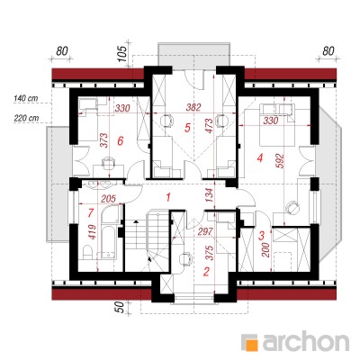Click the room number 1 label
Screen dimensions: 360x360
168,197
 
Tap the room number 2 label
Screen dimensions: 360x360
206,272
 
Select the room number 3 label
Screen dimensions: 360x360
261,235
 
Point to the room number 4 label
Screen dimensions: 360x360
260,157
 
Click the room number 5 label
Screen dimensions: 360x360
187,128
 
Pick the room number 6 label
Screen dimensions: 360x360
121,140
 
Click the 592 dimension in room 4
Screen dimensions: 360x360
280,161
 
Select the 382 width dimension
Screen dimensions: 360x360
193,107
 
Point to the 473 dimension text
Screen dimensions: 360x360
209,125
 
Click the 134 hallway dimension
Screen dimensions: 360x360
210,195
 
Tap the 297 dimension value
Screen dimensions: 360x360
205,231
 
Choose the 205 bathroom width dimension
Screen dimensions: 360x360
109,199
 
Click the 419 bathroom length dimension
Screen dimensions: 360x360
93,231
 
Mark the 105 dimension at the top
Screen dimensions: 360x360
123,54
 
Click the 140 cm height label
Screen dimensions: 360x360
25,98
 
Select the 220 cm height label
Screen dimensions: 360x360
26,118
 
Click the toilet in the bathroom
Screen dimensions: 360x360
86,252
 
